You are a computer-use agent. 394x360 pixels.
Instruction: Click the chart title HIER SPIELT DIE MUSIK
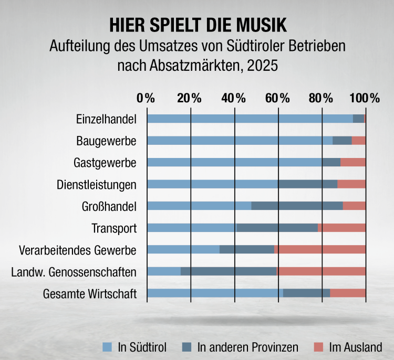pos(198,24)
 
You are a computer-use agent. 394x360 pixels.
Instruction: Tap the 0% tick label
pos(146,98)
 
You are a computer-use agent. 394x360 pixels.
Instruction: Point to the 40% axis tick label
pos(233,98)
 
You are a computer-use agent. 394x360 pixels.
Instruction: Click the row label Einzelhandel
pos(106,119)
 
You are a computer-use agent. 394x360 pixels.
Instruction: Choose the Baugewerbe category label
pos(106,141)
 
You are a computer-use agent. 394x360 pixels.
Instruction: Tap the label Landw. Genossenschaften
pos(74,271)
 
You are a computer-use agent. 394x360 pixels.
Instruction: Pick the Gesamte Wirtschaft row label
pos(90,293)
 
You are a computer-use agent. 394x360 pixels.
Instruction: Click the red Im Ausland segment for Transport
pos(341,228)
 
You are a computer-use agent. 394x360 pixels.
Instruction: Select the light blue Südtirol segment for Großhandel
pos(199,206)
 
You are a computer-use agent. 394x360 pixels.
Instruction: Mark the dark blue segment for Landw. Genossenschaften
pos(229,271)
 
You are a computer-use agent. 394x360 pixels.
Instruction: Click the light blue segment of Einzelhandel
pos(250,119)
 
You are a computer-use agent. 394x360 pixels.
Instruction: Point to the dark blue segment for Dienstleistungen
pos(308,184)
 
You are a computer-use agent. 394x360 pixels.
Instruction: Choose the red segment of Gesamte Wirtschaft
pos(347,293)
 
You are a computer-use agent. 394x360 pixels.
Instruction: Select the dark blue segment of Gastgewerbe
pos(331,162)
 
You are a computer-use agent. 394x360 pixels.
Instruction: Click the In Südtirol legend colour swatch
pos(108,347)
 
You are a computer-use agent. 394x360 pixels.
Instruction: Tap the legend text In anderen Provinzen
pos(247,347)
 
